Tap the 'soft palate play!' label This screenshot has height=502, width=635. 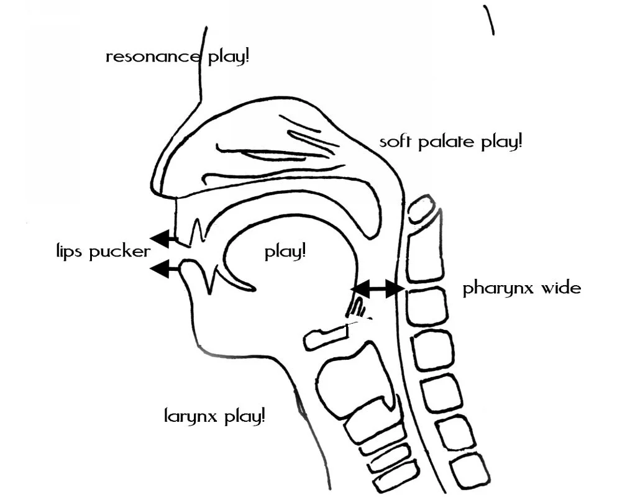point(450,142)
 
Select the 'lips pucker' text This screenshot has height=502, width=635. point(102,252)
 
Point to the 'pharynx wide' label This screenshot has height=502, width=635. point(522,289)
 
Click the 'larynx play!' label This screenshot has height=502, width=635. point(214,415)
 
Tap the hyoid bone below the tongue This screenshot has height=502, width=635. point(326,336)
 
